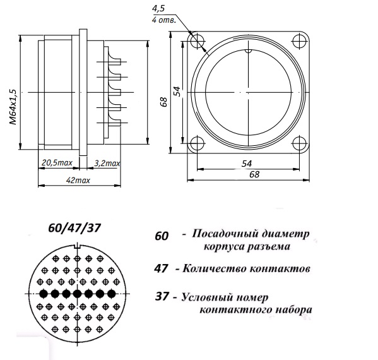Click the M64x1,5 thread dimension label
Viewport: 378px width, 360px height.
point(13,107)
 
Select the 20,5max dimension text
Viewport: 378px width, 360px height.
point(57,163)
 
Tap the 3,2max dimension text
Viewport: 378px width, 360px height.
point(107,164)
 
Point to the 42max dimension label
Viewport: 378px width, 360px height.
point(78,180)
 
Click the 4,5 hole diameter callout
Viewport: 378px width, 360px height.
point(158,9)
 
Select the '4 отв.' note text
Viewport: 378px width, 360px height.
point(164,20)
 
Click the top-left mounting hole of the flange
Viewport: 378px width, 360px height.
point(198,41)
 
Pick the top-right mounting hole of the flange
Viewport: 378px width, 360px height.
point(299,41)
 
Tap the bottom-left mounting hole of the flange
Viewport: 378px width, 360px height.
point(198,143)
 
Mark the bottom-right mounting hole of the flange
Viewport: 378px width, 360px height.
point(299,143)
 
